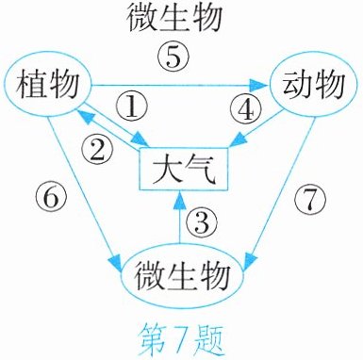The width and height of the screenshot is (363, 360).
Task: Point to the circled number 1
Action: pos(132,107)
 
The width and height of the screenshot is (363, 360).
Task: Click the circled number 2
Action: pos(97,149)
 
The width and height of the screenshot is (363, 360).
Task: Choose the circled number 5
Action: pos(173,57)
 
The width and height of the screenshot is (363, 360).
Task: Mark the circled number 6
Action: pos(51,198)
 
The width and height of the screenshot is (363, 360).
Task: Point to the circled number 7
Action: pos(310,199)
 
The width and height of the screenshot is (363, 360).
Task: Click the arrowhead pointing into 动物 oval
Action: pos(259,85)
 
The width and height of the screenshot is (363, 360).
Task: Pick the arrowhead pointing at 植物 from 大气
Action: pos(84,115)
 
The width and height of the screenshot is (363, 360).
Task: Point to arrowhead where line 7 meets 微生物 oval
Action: pos(250,261)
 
